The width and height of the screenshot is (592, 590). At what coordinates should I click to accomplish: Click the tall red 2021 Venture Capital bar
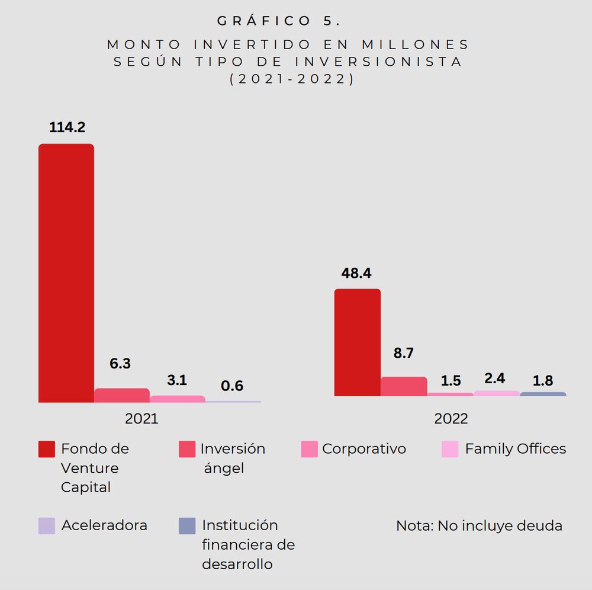click(66, 272)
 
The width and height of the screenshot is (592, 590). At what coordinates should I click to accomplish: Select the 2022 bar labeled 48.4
click(357, 342)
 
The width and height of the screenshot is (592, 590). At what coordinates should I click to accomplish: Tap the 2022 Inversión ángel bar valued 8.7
click(404, 386)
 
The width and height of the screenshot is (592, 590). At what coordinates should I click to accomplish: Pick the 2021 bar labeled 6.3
click(121, 395)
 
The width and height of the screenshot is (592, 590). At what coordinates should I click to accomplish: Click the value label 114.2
click(67, 127)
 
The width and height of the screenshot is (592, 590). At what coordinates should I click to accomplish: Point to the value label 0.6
click(232, 386)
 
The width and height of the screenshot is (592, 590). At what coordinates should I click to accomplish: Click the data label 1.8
click(543, 380)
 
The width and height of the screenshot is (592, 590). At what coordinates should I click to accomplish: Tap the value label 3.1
click(176, 380)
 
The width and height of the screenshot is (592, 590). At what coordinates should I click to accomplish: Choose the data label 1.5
click(451, 380)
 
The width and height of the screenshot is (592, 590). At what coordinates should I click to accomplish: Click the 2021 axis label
click(141, 419)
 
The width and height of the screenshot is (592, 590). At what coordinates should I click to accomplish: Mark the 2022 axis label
click(451, 419)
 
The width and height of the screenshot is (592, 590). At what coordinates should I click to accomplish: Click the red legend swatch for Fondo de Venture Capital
click(47, 449)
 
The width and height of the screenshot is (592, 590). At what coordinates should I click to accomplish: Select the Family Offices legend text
click(515, 449)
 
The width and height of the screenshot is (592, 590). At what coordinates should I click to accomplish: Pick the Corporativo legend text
click(364, 449)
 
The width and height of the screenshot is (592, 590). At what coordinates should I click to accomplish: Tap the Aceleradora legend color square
click(47, 525)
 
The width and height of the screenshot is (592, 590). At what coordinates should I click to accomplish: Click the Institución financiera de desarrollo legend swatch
click(187, 525)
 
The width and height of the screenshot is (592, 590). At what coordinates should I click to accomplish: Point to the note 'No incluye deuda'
click(479, 525)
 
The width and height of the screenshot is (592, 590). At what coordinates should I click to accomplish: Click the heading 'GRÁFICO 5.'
click(279, 21)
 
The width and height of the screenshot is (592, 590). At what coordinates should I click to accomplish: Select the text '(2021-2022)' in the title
click(291, 79)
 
